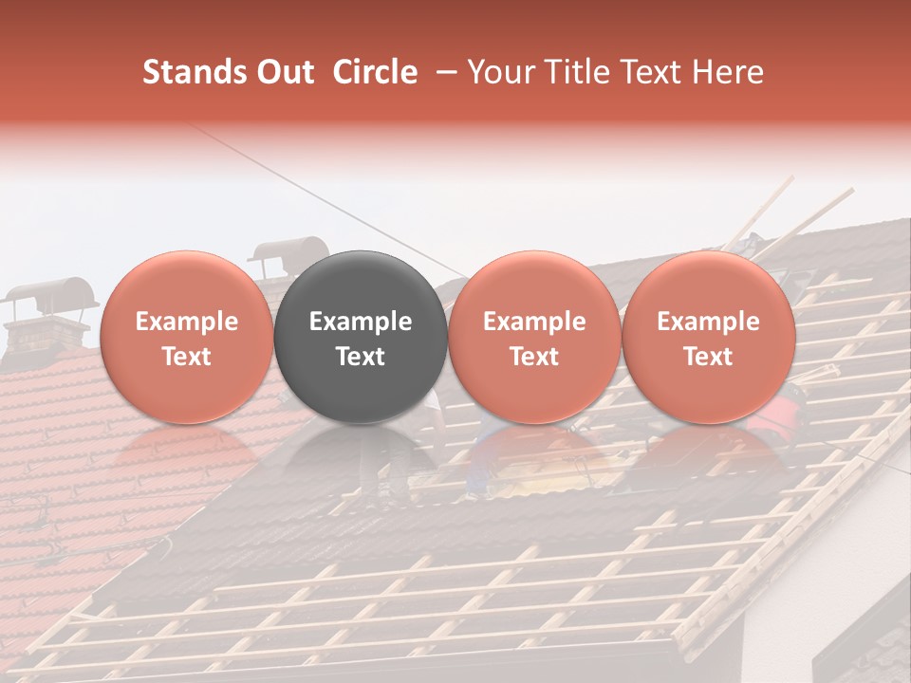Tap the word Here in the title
point(727,72)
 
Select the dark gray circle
point(361,337)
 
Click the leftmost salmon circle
point(186,337)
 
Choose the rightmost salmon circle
point(709,337)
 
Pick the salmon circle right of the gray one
point(534,337)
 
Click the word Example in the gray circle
point(361,322)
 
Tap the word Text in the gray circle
point(361,357)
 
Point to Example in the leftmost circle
point(186,322)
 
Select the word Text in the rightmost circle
point(709,357)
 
